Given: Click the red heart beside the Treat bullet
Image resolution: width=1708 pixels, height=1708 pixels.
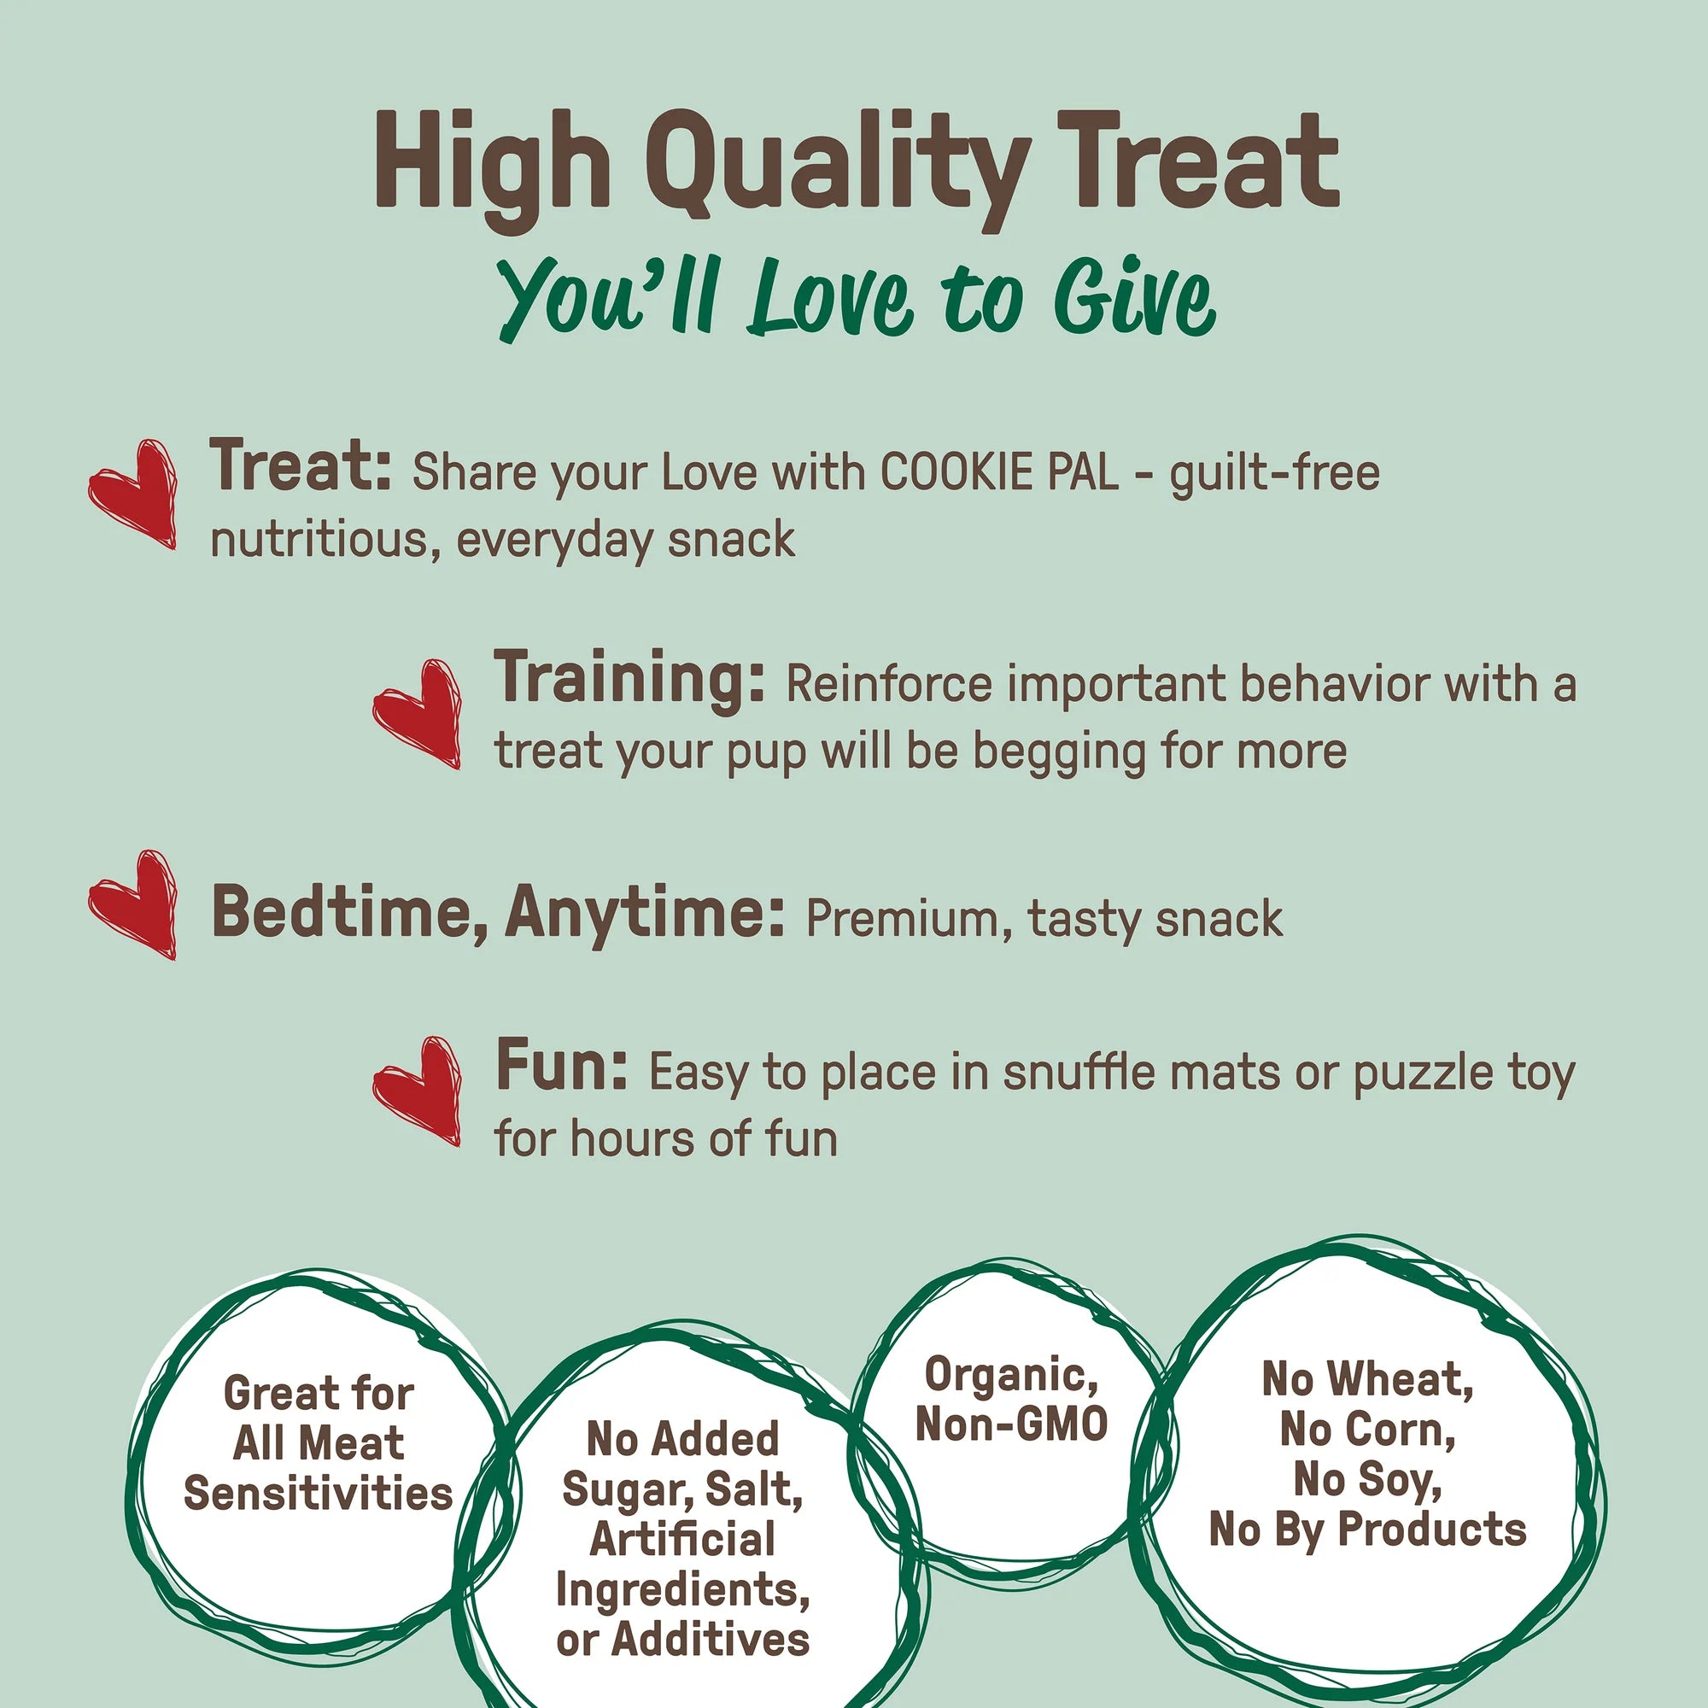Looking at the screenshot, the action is (x=132, y=494).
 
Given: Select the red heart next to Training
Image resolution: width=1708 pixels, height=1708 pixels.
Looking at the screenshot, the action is (x=418, y=713).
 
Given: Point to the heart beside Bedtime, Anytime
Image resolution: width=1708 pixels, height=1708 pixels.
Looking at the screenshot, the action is (x=132, y=904).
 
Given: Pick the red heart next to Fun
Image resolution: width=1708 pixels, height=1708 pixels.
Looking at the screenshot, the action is (x=418, y=1091).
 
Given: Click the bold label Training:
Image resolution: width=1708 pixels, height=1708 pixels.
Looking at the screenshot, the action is (x=629, y=680).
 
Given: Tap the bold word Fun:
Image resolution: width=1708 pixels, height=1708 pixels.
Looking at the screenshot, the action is (x=561, y=1066).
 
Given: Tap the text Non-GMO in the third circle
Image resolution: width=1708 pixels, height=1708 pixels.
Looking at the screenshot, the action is (x=1011, y=1424).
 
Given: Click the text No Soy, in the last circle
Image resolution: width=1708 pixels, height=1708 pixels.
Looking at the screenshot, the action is (x=1367, y=1480).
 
